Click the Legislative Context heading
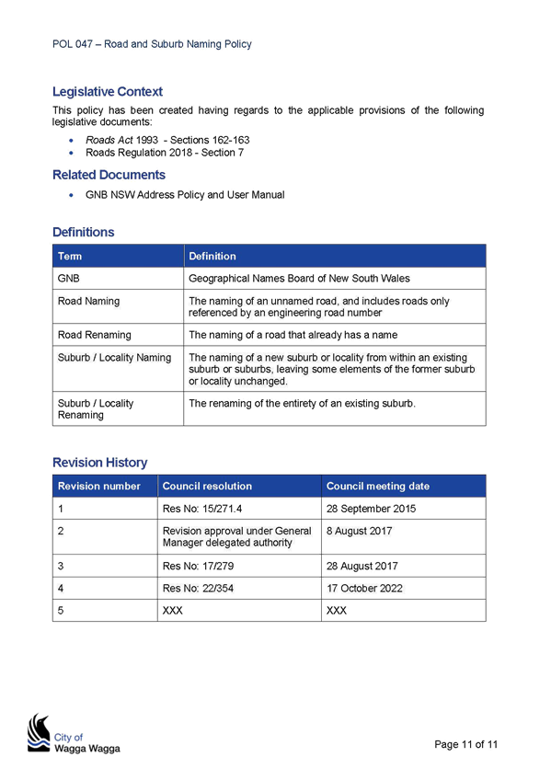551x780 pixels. click(x=108, y=92)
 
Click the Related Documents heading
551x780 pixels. click(x=109, y=175)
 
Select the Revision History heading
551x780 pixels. click(x=100, y=463)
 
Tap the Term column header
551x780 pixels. click(x=70, y=257)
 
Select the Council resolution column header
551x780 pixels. click(x=207, y=486)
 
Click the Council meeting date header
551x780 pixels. click(x=378, y=486)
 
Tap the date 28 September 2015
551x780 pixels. click(x=371, y=509)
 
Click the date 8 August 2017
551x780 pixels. click(x=359, y=531)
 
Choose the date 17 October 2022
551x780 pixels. click(x=364, y=588)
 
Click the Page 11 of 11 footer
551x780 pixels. click(x=466, y=744)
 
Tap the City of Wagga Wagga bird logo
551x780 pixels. click(x=39, y=733)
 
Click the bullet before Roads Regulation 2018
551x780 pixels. click(x=72, y=154)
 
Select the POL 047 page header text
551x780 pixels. click(x=152, y=44)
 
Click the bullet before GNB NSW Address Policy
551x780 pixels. click(x=72, y=195)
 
